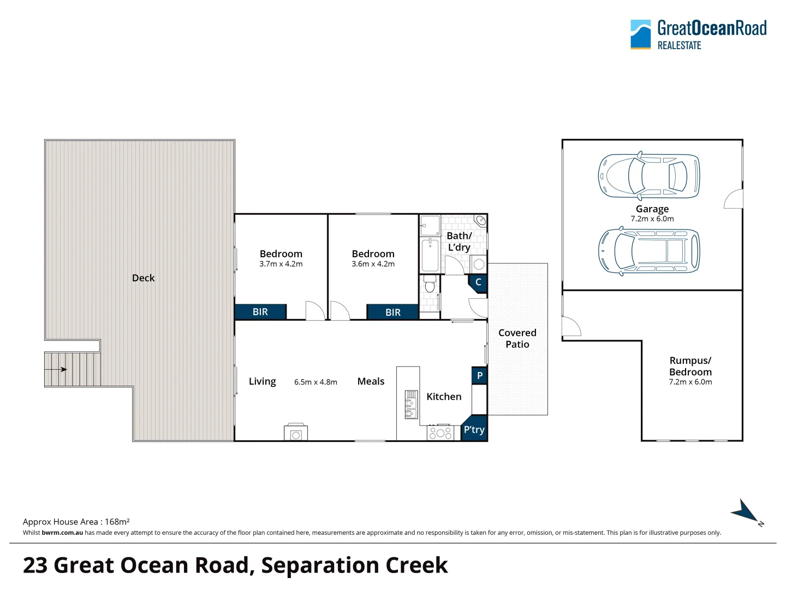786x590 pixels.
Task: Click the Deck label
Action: point(143,278)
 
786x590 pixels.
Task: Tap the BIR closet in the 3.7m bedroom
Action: point(260,311)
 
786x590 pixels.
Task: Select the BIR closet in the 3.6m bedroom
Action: point(393,312)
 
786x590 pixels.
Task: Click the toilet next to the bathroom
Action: point(430,284)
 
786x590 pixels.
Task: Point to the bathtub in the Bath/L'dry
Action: point(430,255)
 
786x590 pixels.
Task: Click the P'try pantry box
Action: point(474,428)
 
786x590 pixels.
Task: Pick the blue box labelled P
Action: point(479,375)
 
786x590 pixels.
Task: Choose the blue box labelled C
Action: point(478,283)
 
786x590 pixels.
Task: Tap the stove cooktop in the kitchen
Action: point(440,433)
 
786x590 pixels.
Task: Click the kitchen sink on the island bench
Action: point(411,404)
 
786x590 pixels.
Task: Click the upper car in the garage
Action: point(649,176)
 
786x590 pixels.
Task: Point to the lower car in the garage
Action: point(649,251)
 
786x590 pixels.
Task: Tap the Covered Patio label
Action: point(517,339)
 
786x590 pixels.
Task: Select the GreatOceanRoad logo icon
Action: point(641,34)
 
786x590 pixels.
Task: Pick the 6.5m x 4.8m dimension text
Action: point(315,382)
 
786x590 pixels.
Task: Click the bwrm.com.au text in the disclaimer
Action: point(62,533)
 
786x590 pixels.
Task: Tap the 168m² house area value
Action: point(117,522)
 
